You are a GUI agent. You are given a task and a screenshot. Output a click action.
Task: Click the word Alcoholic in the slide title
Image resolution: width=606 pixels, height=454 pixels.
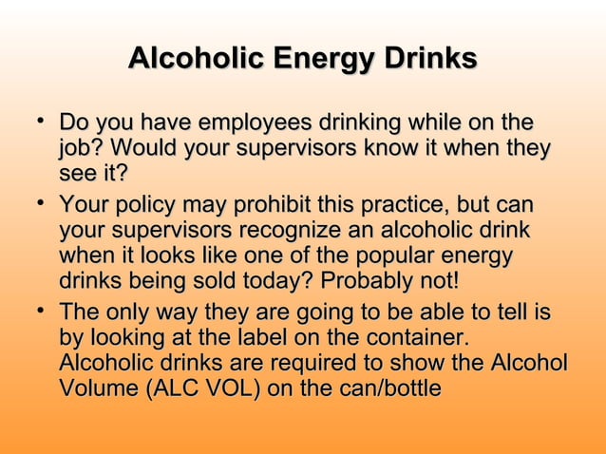tap(196, 59)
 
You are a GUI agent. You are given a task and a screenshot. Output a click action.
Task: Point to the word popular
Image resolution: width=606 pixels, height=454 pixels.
tap(381, 256)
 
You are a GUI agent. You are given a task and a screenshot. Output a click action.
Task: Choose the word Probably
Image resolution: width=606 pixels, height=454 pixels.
tap(369, 282)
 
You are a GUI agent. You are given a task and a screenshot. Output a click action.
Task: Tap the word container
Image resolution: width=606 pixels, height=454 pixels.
tap(417, 337)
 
